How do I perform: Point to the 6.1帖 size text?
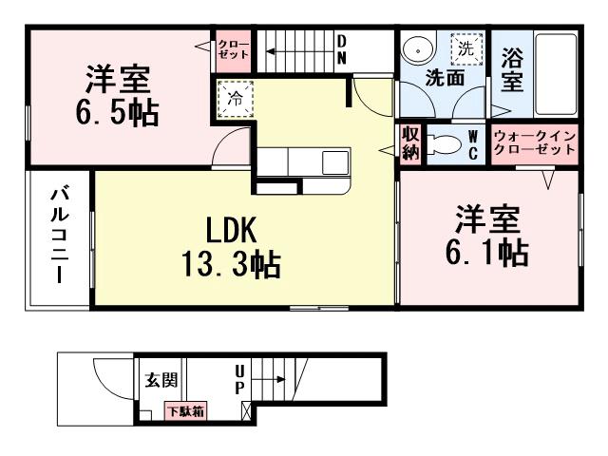pyautogui.click(x=487, y=253)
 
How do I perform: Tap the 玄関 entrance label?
pyautogui.click(x=161, y=381)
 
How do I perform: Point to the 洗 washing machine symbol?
pyautogui.click(x=465, y=47)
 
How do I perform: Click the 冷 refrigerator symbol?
pyautogui.click(x=233, y=97)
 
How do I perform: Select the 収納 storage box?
pyautogui.click(x=410, y=143)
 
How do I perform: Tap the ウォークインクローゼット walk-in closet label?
pyautogui.click(x=535, y=143)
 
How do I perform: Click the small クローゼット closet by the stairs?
pyautogui.click(x=233, y=48)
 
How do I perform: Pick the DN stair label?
pyautogui.click(x=341, y=48)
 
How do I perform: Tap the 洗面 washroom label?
pyautogui.click(x=445, y=78)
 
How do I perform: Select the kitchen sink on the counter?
pyautogui.click(x=335, y=162)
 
